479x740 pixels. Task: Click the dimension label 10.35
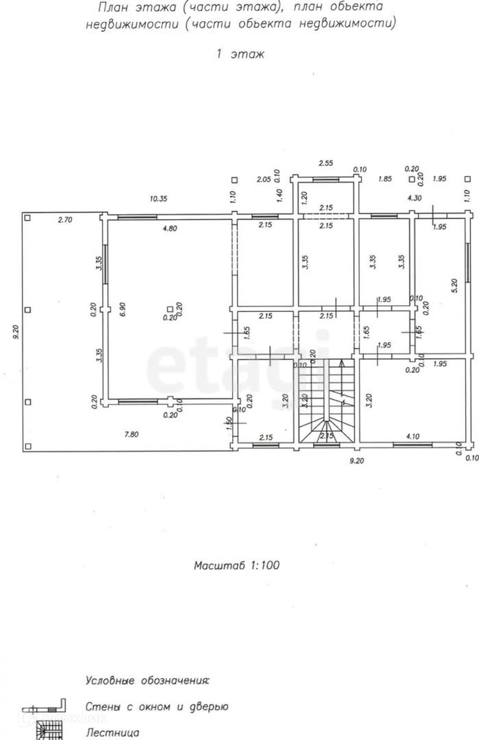[158, 199]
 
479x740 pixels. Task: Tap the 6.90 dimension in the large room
[123, 309]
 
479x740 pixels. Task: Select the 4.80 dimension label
[170, 229]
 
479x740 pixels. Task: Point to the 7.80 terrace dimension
[131, 434]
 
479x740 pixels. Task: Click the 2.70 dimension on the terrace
[65, 220]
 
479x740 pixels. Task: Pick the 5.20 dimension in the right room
[455, 286]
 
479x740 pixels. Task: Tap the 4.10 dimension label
[413, 436]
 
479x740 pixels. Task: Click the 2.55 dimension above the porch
[326, 163]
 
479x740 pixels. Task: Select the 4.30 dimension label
[415, 198]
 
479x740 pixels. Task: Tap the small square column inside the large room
[170, 309]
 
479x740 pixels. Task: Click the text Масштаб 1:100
[237, 565]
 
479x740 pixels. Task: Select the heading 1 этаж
[240, 54]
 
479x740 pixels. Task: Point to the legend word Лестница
[113, 733]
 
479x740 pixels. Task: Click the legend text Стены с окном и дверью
[157, 707]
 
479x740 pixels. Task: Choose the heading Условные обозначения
[147, 681]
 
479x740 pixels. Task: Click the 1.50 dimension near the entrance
[229, 423]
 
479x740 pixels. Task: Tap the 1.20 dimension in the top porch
[304, 197]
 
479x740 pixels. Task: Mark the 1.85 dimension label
[385, 179]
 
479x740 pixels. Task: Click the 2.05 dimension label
[264, 179]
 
